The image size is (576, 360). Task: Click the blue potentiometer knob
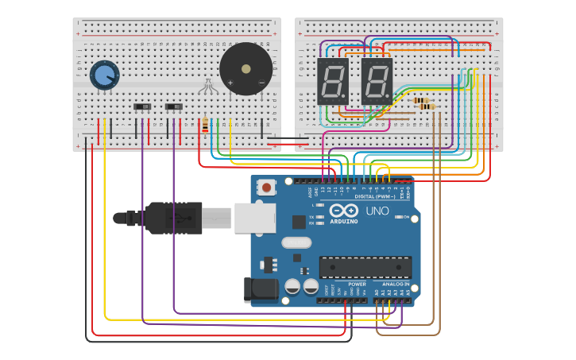click(104, 75)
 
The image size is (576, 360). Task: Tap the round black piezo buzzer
click(245, 69)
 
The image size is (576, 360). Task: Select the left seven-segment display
click(332, 81)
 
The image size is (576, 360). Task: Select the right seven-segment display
click(377, 81)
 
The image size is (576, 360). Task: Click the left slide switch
click(143, 106)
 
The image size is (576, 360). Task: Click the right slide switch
click(174, 106)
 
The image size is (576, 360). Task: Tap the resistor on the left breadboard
click(206, 125)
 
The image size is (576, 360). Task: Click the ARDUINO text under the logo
click(343, 221)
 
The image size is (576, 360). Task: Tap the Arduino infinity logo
click(343, 211)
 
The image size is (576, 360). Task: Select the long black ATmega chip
click(365, 268)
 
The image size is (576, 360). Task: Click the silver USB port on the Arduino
click(254, 218)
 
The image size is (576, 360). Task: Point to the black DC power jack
click(261, 289)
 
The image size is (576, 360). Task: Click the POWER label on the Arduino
click(357, 284)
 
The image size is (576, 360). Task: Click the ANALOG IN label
click(396, 284)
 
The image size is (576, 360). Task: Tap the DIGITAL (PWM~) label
click(374, 196)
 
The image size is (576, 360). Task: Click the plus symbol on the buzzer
click(230, 83)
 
